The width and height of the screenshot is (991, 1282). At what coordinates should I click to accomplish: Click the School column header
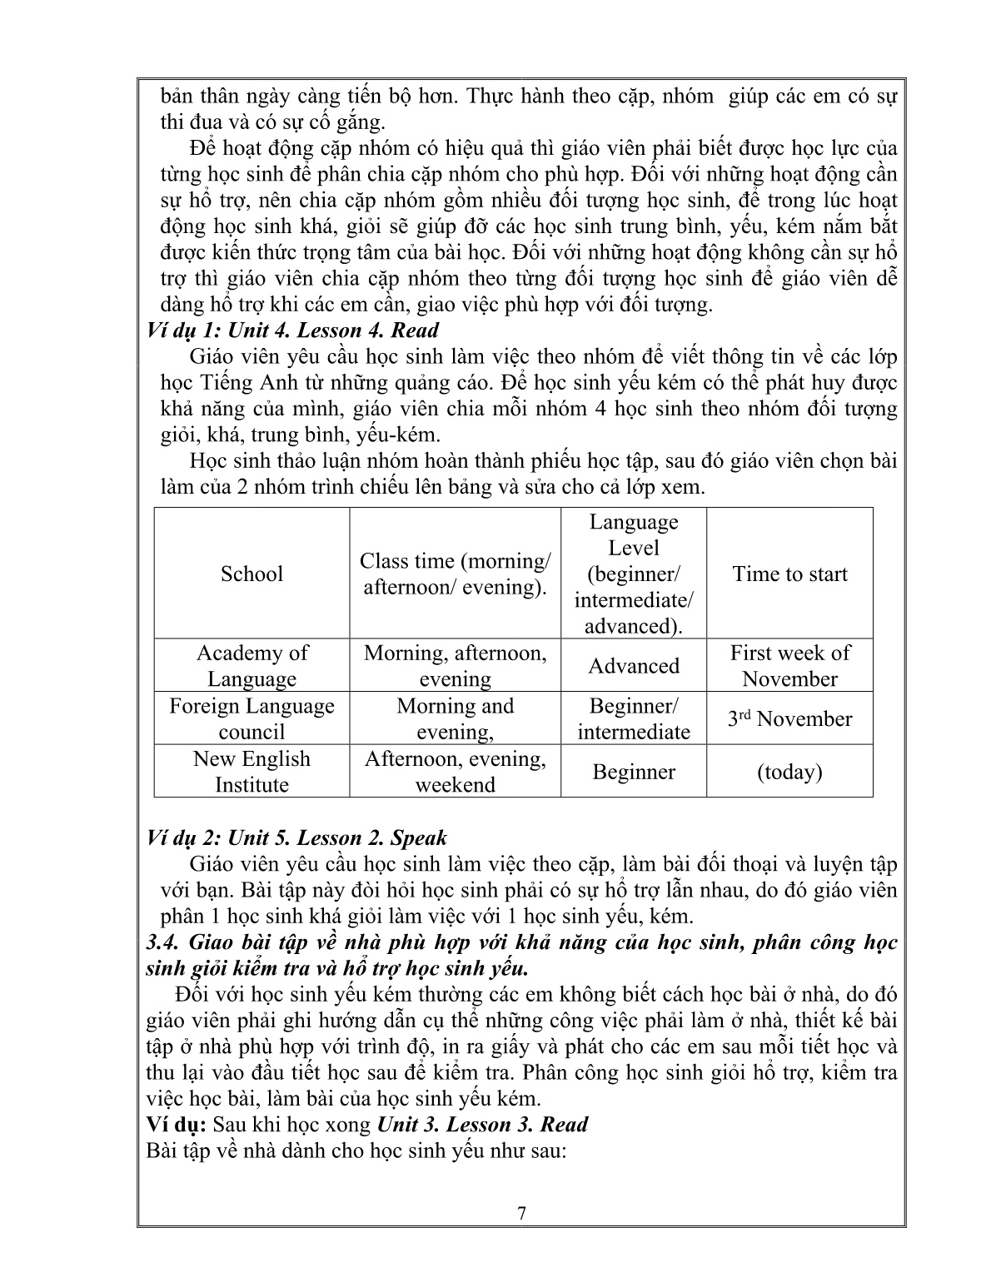click(x=251, y=574)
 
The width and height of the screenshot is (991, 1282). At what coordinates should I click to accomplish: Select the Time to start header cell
click(x=789, y=574)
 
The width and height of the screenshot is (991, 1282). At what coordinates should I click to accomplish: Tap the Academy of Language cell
click(x=251, y=665)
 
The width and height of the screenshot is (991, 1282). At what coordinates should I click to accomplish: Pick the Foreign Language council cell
click(x=251, y=718)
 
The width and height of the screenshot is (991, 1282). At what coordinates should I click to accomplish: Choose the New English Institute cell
click(x=251, y=771)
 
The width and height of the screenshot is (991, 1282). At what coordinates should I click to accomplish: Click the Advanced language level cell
click(x=634, y=666)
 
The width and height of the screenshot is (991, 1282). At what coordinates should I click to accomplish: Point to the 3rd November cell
click(x=789, y=718)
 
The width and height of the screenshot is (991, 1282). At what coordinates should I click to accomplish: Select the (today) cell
click(x=789, y=772)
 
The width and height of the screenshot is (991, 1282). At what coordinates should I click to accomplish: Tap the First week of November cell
click(x=789, y=665)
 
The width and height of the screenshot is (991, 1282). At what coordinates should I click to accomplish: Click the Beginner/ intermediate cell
click(x=634, y=718)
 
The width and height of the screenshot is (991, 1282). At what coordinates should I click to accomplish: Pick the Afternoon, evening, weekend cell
click(x=455, y=771)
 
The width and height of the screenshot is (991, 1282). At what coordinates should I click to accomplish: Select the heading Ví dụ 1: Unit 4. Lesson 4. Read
click(x=292, y=330)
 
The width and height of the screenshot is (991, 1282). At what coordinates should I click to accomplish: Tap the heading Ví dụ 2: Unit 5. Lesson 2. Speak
click(x=296, y=837)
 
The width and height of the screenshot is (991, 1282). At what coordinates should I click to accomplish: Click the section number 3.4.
click(x=162, y=942)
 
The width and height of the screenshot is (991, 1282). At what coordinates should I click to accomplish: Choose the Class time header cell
click(x=455, y=574)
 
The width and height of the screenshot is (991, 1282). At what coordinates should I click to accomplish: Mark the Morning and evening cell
click(x=455, y=718)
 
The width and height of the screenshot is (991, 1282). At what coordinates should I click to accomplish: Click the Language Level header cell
click(x=634, y=574)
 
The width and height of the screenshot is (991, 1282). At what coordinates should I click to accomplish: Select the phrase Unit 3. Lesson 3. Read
click(x=482, y=1125)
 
